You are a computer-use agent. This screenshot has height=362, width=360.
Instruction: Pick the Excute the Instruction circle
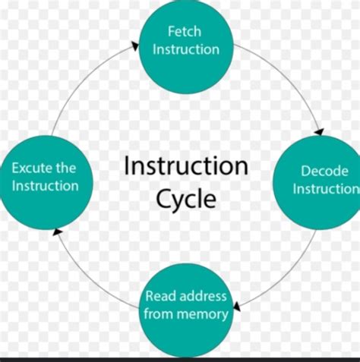pos(44,177)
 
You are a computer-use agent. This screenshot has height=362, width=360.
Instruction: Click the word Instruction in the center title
pos(185,166)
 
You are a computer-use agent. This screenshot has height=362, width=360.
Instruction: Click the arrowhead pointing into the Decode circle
pos(318,131)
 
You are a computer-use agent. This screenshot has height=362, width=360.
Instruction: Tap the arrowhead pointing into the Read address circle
pos(237,307)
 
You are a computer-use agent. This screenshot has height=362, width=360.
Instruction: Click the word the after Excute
pos(65,168)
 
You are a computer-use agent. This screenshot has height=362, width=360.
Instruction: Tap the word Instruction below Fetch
pos(186,49)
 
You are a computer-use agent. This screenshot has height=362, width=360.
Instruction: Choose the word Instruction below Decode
pos(326,188)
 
